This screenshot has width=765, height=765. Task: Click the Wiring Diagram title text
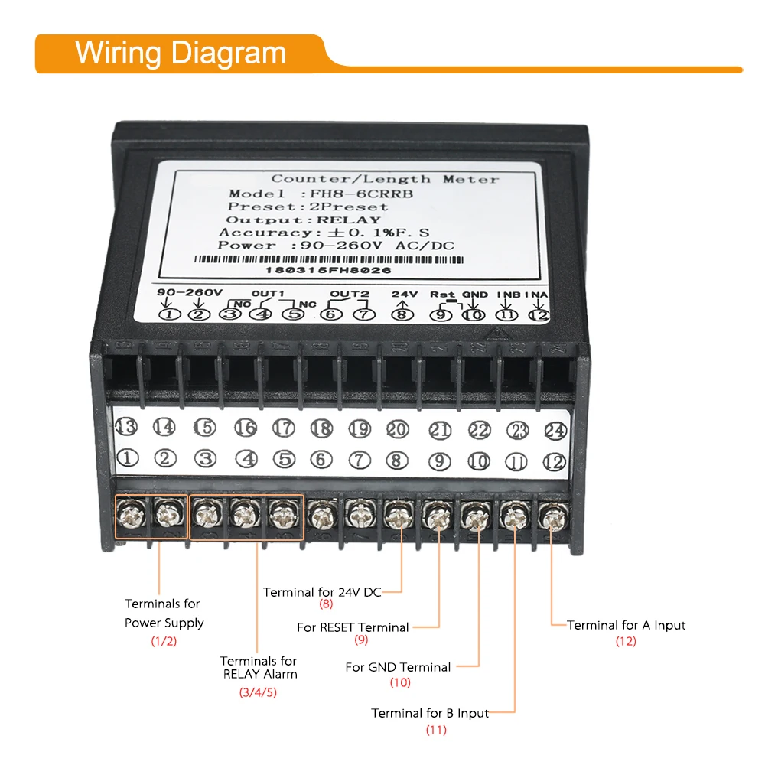pos(181,54)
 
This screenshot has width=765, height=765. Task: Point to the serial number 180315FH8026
pos(328,270)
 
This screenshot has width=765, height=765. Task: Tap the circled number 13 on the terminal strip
pos(126,427)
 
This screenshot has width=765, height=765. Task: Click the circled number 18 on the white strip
pos(321,428)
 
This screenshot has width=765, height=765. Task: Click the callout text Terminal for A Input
pos(627,625)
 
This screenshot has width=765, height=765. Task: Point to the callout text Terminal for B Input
pos(430,713)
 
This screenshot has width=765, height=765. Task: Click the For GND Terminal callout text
pos(398,667)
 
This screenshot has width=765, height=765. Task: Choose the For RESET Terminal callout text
pos(353,627)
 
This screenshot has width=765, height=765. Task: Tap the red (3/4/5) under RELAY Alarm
pos(258,693)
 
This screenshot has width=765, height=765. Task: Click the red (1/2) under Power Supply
pos(164,641)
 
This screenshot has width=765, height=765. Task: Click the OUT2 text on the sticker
pos(350,294)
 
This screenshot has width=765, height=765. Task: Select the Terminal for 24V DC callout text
pos(321,591)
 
